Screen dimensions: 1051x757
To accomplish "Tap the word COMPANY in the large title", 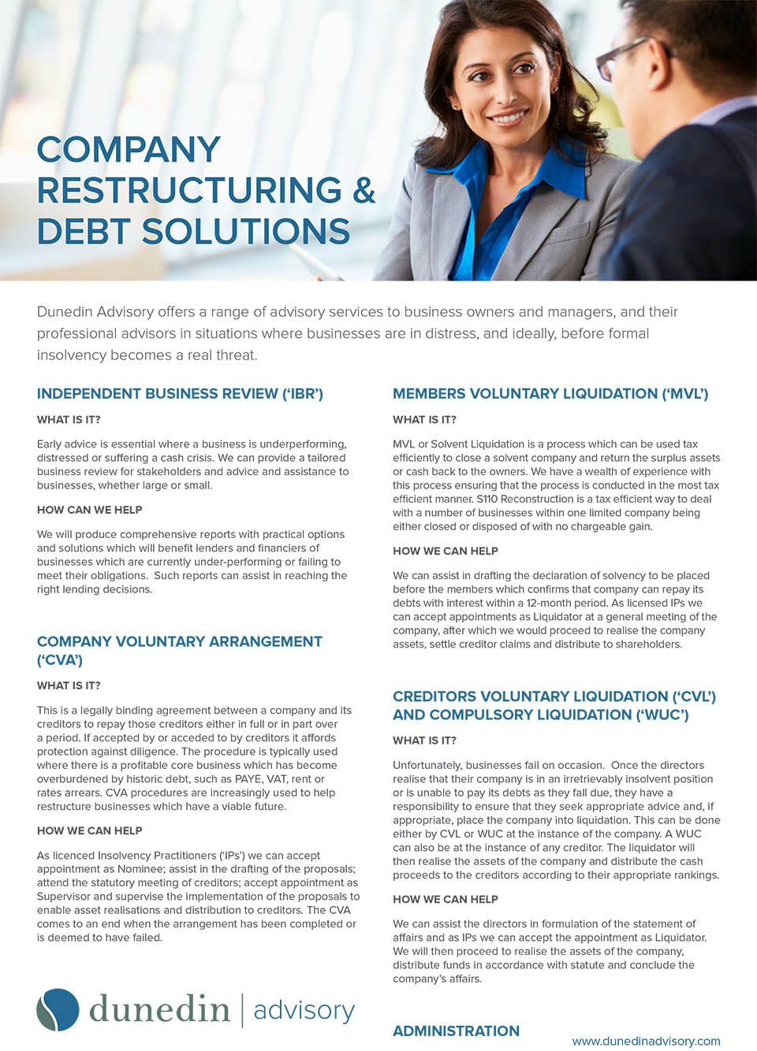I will tap(129, 150).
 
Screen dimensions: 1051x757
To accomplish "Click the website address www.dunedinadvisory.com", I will tap(646, 1041).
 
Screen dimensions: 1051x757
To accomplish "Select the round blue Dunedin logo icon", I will tap(58, 1009).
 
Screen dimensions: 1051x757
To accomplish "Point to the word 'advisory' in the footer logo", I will tap(304, 1010).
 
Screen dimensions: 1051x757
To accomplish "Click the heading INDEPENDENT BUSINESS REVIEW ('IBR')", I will tap(180, 394).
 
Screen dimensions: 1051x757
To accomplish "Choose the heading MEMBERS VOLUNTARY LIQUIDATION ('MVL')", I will tap(550, 394).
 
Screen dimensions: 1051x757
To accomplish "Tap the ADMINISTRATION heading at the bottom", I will tap(456, 1031).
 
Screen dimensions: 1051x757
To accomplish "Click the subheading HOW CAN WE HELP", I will tap(90, 510).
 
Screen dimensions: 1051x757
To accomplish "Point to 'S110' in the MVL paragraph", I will tap(488, 499).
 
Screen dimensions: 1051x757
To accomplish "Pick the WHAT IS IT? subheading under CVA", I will tap(69, 685).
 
